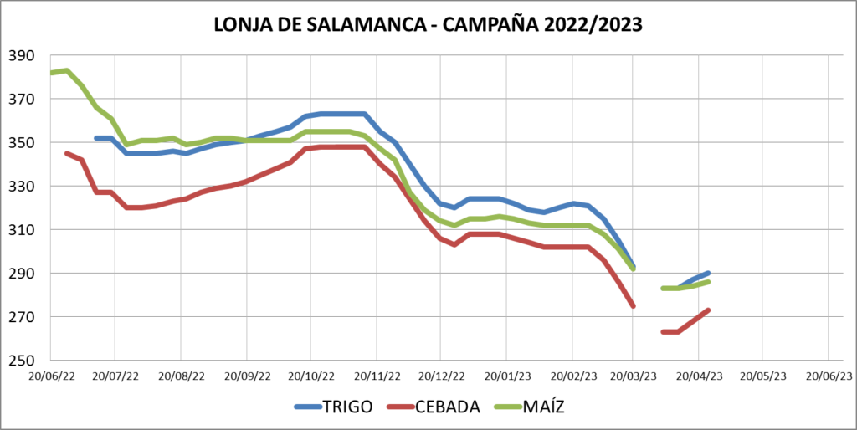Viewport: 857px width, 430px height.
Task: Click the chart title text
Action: pyautogui.click(x=428, y=25)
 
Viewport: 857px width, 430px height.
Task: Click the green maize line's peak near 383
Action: pyautogui.click(x=66, y=70)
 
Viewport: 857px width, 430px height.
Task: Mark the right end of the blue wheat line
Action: pyautogui.click(x=709, y=273)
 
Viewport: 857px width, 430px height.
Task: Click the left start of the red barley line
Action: pyautogui.click(x=66, y=153)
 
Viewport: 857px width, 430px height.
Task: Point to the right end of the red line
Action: pyautogui.click(x=709, y=310)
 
